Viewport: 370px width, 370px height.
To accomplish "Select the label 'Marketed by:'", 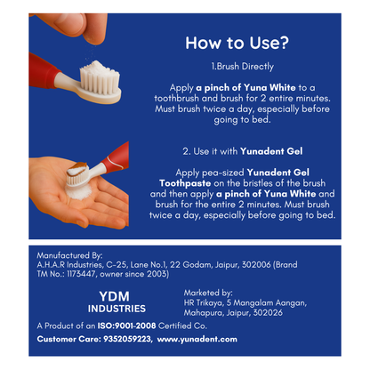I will (x=208, y=293).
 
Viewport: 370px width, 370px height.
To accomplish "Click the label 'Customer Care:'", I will (x=65, y=340).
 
